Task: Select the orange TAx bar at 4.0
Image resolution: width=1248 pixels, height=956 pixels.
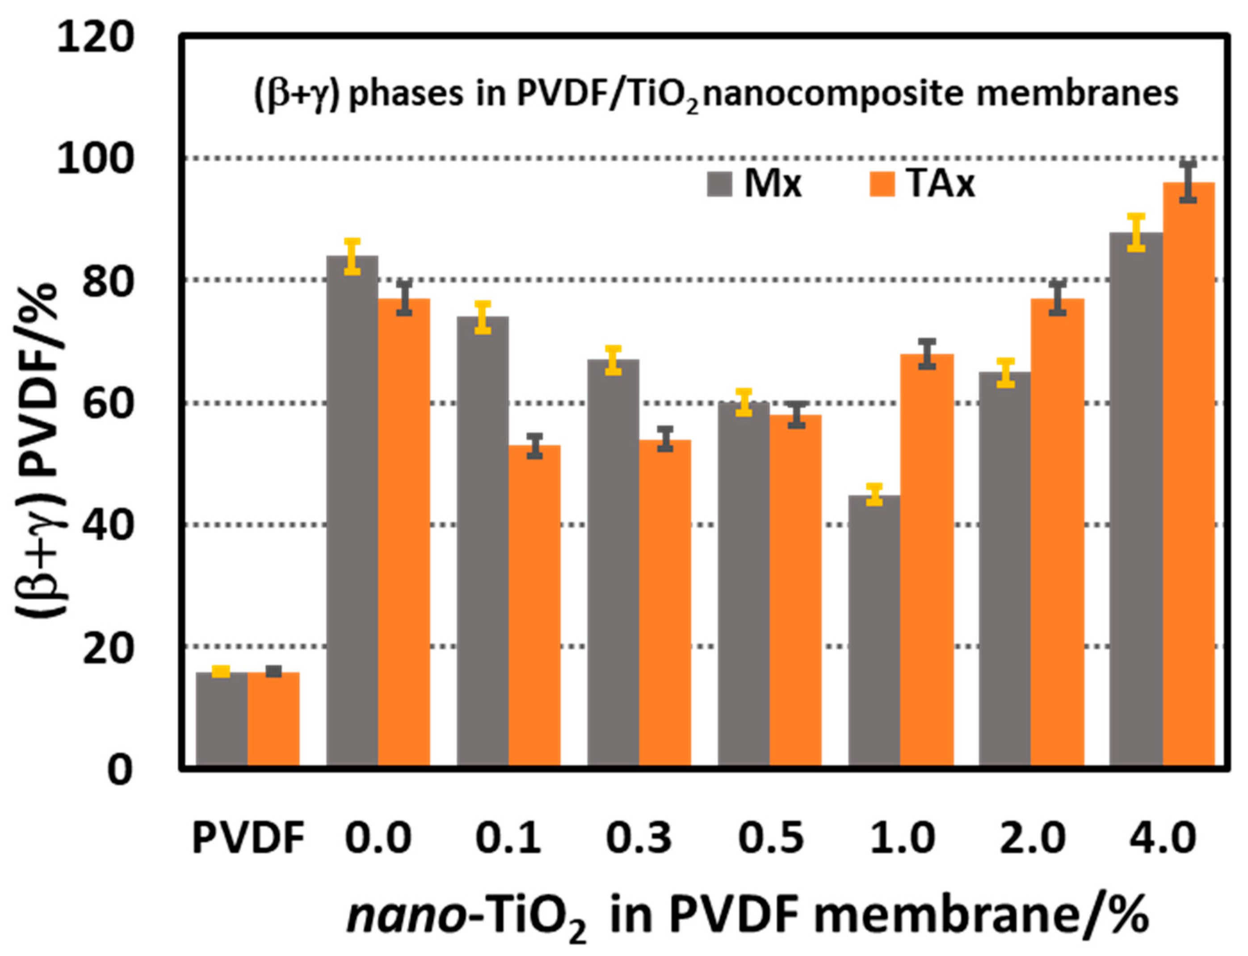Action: [1188, 475]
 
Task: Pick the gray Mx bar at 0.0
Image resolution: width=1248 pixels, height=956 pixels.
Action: [352, 512]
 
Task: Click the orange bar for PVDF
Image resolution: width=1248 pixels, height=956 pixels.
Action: [273, 720]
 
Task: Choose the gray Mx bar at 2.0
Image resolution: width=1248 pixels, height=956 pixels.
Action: [1004, 569]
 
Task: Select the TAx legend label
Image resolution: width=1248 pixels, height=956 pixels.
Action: [941, 184]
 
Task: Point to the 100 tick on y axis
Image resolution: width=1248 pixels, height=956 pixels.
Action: [94, 159]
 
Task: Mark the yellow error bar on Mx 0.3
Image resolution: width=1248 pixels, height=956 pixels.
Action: [613, 360]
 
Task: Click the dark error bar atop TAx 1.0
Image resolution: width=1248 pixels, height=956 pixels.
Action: [927, 354]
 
